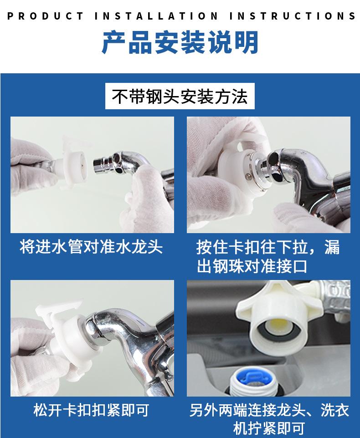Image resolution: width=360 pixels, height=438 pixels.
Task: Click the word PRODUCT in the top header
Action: click(x=45, y=16)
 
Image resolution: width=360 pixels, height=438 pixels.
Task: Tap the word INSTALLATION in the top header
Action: click(x=156, y=16)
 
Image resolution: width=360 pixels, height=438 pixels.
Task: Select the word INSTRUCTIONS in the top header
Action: click(x=293, y=16)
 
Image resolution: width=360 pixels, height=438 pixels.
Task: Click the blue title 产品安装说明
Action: click(x=180, y=42)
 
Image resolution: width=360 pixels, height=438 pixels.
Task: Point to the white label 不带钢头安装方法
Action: click(x=180, y=96)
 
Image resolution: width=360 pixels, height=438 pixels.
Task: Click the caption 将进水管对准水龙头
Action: click(x=92, y=247)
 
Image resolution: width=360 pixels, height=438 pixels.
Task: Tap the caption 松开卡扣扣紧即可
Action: click(x=92, y=410)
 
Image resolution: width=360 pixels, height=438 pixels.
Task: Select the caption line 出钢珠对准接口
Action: click(x=252, y=266)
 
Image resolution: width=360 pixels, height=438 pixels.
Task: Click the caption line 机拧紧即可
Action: click(x=269, y=428)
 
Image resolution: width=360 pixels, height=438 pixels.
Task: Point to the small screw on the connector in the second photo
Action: click(x=248, y=176)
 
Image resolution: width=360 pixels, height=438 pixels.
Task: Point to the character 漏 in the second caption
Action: click(x=332, y=247)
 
